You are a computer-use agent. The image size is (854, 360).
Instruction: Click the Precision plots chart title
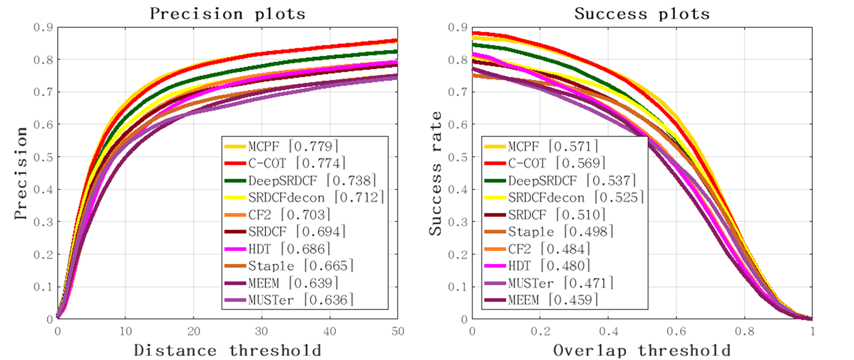click(227, 14)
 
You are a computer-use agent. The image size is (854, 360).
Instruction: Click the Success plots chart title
click(642, 14)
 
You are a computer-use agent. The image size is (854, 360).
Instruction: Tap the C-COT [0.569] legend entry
click(557, 163)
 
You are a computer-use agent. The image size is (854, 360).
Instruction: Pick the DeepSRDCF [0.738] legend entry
click(312, 180)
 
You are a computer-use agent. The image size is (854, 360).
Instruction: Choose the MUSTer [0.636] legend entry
click(301, 300)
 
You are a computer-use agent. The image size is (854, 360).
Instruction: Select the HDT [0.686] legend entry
click(289, 249)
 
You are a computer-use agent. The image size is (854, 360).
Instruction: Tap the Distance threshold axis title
click(227, 350)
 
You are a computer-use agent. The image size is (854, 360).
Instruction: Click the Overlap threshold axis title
click(642, 350)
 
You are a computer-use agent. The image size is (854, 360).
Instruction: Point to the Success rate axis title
click(435, 173)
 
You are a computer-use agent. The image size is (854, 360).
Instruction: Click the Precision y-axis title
click(21, 173)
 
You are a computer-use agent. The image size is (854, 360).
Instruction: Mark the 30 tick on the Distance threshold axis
click(261, 331)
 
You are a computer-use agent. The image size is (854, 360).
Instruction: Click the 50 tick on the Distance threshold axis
click(398, 331)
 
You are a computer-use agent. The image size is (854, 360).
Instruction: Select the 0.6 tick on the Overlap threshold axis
click(676, 331)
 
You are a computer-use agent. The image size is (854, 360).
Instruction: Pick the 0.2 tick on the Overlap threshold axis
click(540, 331)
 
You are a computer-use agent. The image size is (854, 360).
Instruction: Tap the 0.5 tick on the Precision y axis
click(43, 157)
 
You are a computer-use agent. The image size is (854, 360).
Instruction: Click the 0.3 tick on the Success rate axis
click(458, 222)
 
